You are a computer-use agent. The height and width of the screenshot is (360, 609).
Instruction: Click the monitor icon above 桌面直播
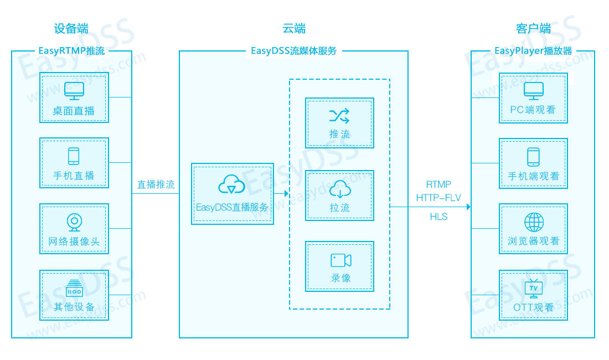point(74,90)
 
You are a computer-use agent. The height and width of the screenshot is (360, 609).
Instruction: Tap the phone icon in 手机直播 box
point(74,156)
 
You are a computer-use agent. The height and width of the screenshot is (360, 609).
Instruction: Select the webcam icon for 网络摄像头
point(74,222)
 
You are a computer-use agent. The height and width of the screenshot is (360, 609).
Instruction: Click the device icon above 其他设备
point(74,288)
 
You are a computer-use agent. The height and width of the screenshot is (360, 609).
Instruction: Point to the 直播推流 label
point(156,185)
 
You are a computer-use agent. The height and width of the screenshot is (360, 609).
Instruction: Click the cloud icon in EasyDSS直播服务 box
point(232,185)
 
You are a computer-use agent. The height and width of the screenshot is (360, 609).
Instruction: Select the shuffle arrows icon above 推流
point(339,116)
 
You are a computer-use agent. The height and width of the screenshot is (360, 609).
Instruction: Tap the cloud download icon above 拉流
point(339,189)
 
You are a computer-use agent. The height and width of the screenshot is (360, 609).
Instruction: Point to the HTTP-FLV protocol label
point(438,198)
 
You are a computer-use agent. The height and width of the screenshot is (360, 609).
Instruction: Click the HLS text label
point(438,217)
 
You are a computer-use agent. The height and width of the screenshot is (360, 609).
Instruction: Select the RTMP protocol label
point(438,184)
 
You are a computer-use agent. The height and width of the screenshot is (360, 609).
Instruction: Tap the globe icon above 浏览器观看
point(534,222)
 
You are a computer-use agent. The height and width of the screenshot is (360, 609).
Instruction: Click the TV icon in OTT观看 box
point(534,288)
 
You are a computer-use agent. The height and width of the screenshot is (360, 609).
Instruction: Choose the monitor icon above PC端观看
point(534,90)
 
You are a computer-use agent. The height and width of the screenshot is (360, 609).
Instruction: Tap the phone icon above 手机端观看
point(533,156)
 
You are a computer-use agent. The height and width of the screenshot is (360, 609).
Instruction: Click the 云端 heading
point(294,29)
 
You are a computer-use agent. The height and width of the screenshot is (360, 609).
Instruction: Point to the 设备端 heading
point(71,29)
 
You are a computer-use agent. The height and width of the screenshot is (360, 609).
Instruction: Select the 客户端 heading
point(533,29)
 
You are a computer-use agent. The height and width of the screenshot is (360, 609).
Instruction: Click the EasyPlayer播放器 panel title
point(533,52)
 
